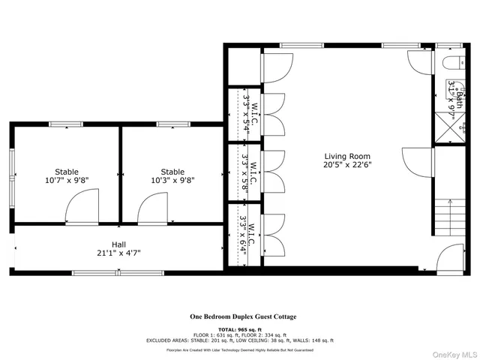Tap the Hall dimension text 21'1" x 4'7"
(x=118, y=253)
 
